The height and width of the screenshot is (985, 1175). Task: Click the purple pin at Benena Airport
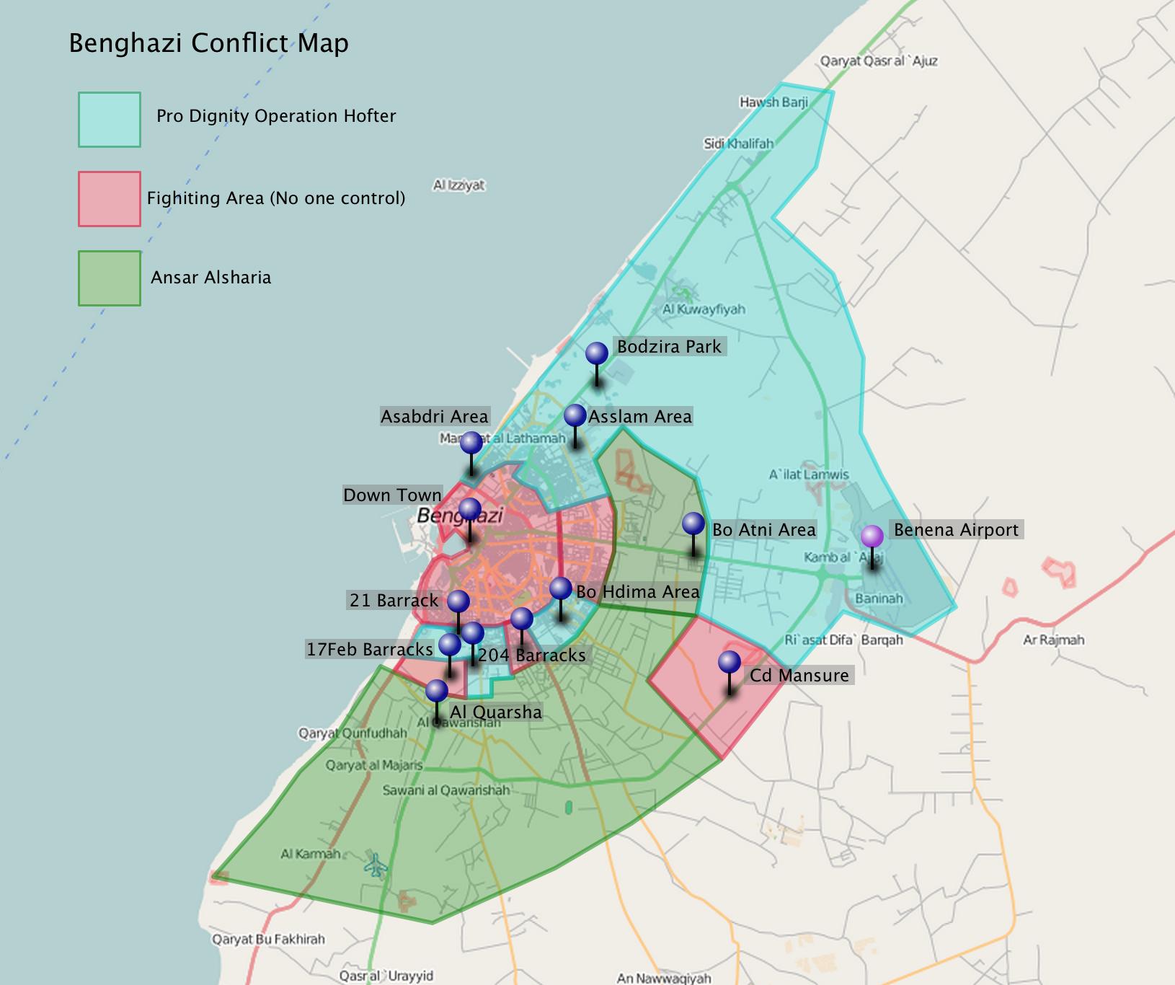click(872, 536)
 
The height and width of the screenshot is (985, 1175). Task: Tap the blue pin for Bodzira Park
click(597, 353)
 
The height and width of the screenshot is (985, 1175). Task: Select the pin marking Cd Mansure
click(730, 662)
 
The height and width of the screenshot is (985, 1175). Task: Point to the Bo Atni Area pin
click(693, 524)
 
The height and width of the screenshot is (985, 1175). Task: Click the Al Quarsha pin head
click(437, 691)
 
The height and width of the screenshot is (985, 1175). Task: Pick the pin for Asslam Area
click(575, 416)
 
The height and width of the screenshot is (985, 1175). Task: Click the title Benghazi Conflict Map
click(209, 43)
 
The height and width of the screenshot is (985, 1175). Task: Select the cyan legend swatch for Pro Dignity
click(110, 120)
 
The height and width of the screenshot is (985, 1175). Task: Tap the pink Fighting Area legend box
click(110, 199)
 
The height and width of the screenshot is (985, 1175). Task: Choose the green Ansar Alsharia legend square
click(110, 278)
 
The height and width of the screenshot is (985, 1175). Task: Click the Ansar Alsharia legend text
click(210, 278)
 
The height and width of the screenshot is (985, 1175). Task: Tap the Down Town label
click(392, 495)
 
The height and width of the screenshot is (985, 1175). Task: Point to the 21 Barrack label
click(394, 601)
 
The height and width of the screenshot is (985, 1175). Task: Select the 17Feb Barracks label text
click(370, 650)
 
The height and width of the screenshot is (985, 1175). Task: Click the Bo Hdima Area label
click(638, 592)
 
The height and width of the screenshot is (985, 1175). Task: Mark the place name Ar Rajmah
click(1053, 640)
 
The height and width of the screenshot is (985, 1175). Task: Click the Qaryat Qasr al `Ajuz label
click(879, 61)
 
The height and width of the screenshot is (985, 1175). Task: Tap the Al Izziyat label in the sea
click(459, 185)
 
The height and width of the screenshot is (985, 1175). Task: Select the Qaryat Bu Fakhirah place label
click(268, 940)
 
